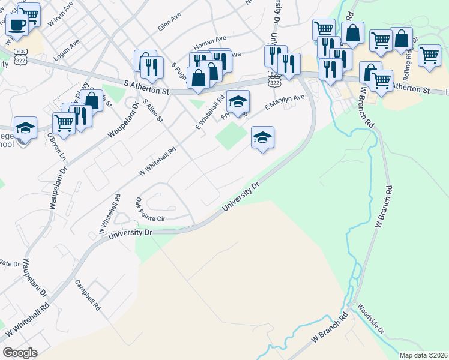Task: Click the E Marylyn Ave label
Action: pyautogui.click(x=285, y=102)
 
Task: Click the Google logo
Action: pyautogui.click(x=20, y=353)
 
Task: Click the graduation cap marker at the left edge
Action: pyautogui.click(x=26, y=128)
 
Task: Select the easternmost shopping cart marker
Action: pyautogui.click(x=429, y=55)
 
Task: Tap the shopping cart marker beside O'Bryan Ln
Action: pyautogui.click(x=64, y=124)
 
